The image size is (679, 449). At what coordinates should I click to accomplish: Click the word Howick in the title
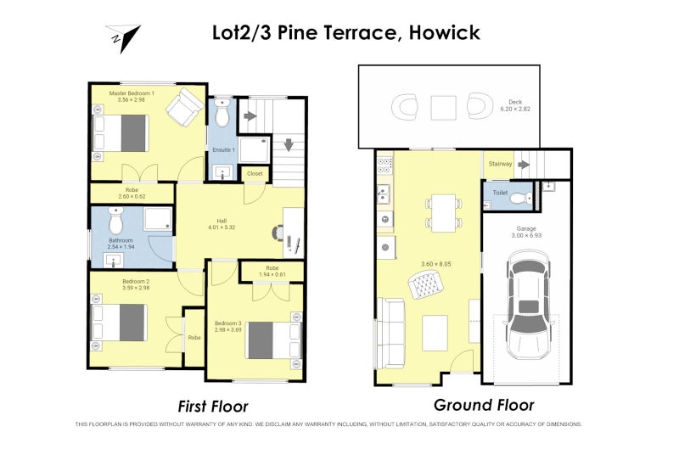pyautogui.click(x=445, y=33)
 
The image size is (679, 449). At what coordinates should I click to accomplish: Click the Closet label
pyautogui.click(x=255, y=173)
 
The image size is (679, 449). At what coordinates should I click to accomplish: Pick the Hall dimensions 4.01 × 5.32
pyautogui.click(x=220, y=227)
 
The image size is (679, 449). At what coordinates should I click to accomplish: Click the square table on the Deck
pyautogui.click(x=442, y=108)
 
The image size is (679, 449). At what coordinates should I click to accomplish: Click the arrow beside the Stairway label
pyautogui.click(x=524, y=164)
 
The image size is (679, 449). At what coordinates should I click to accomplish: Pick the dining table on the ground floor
pyautogui.click(x=442, y=213)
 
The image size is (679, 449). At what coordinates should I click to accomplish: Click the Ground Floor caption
pyautogui.click(x=484, y=405)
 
